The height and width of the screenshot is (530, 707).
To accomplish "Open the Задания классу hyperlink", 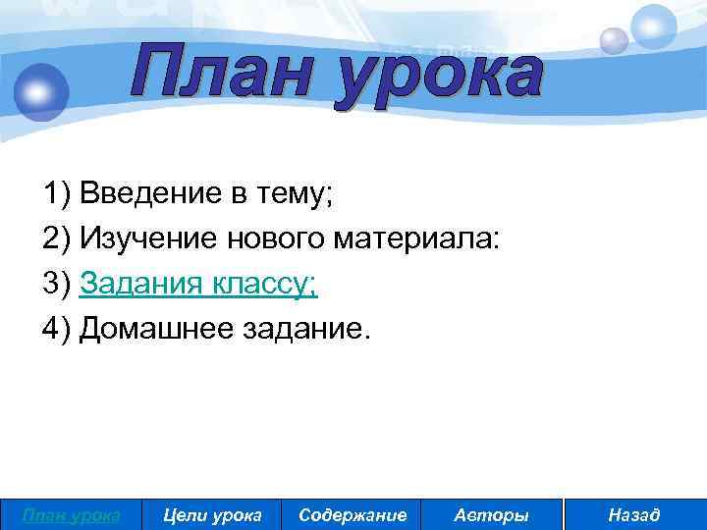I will [198, 285].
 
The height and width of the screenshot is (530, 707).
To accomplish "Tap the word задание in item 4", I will [301, 330].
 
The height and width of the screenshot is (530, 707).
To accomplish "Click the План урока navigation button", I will [71, 514].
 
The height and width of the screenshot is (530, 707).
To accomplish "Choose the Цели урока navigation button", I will [211, 514].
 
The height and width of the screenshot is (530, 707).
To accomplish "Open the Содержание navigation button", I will [352, 514].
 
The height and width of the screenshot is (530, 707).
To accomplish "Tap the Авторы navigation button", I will [492, 514].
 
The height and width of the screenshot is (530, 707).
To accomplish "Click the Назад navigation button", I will [634, 514].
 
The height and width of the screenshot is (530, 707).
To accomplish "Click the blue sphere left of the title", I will [39, 92].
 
